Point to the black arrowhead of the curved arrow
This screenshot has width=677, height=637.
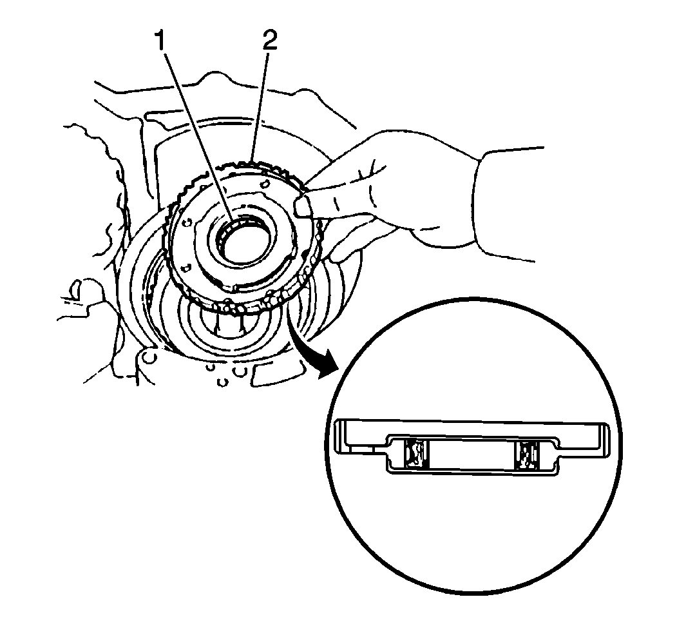click(x=328, y=364)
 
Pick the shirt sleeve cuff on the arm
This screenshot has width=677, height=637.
click(x=508, y=204)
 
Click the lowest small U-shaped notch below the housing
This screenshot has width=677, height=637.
click(x=222, y=382)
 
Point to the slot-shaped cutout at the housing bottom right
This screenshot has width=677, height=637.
click(x=276, y=374)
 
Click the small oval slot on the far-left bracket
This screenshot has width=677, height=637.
click(x=74, y=289)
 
